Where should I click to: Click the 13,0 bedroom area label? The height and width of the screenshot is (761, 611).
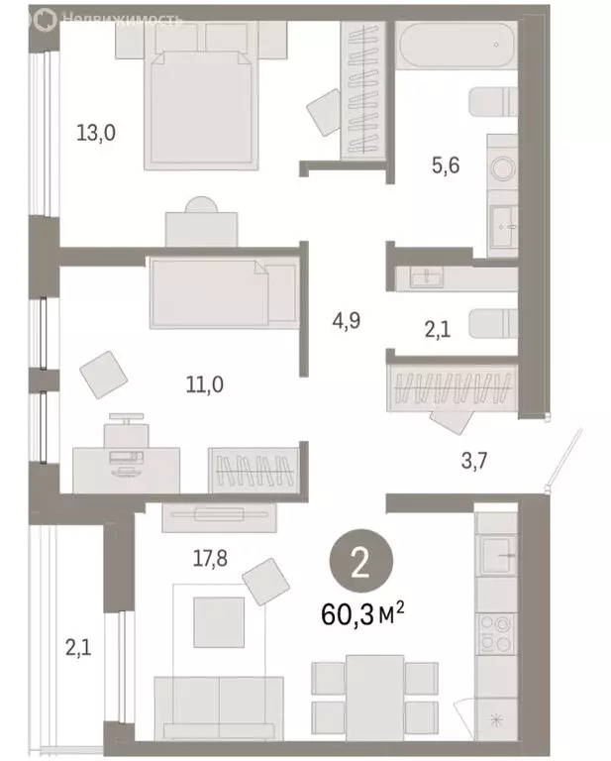[96, 133]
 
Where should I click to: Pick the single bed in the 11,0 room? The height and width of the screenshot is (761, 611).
[224, 292]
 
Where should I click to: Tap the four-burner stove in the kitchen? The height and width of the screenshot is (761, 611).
[495, 631]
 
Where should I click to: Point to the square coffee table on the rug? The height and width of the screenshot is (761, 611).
[219, 622]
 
